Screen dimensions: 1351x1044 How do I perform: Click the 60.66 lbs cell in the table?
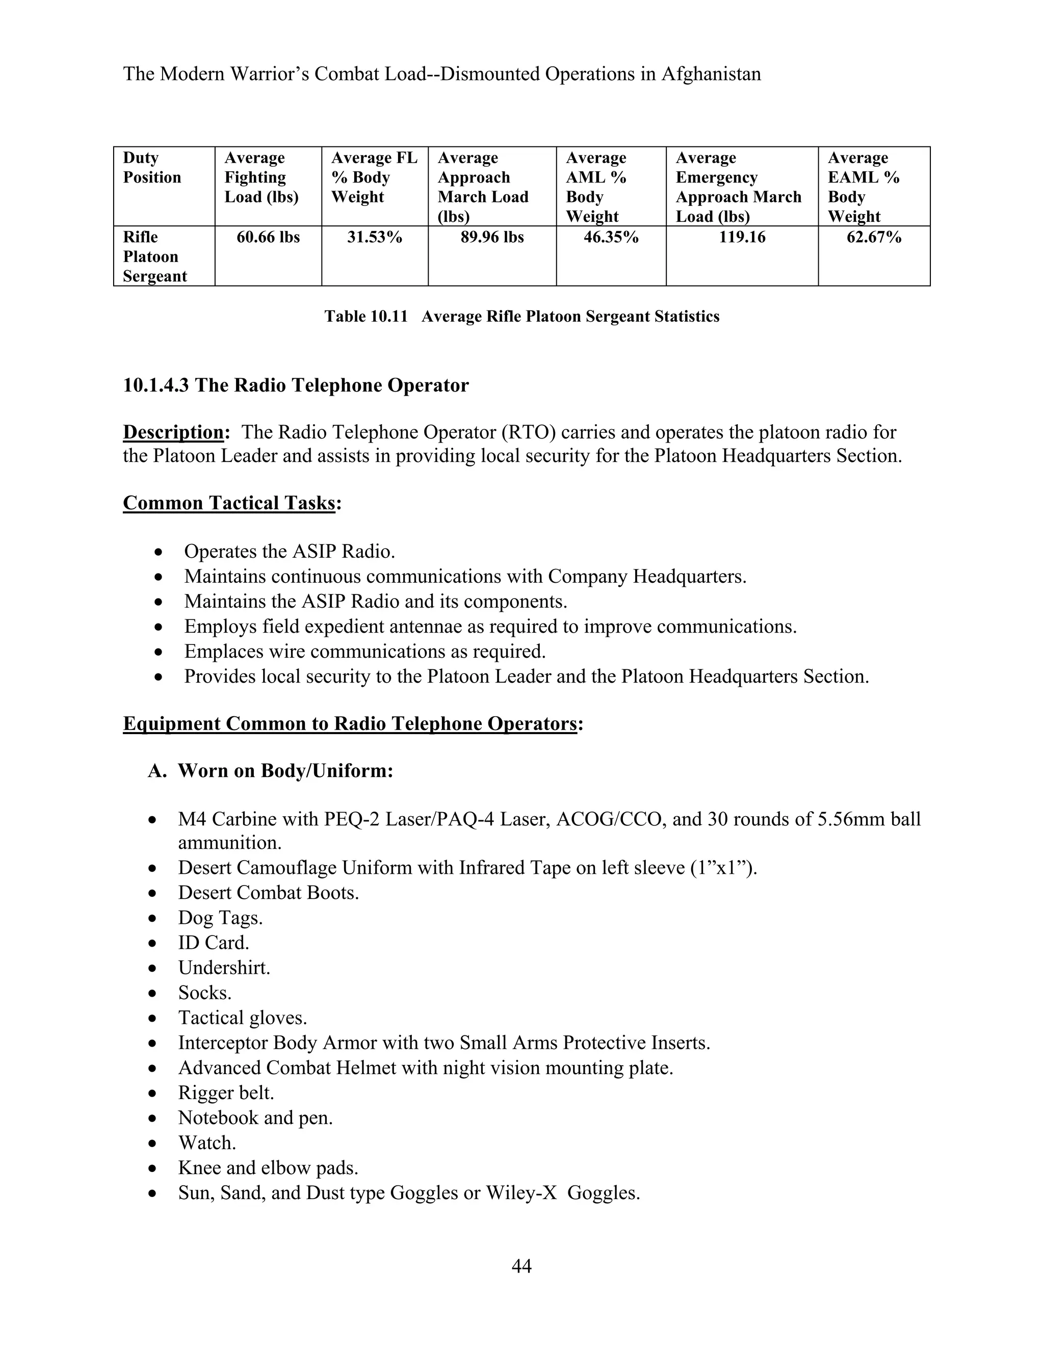268,238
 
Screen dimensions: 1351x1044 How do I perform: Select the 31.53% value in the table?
374,238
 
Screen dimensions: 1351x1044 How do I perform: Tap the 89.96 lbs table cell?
492,238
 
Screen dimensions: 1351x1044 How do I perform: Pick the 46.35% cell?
610,238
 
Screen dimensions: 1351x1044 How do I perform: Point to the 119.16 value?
742,238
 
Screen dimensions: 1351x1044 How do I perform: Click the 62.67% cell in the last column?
873,238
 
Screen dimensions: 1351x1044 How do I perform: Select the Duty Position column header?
151,168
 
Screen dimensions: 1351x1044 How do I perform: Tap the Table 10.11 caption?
521,317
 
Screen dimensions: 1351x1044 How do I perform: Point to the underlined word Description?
173,432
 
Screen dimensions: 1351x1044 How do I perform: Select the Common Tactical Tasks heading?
229,503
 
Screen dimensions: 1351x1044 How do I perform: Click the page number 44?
521,1266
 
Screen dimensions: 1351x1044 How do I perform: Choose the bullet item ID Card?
214,943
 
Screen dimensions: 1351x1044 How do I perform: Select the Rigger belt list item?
226,1093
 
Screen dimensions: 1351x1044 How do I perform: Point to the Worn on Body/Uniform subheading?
285,771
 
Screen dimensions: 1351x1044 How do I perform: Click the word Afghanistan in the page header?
711,74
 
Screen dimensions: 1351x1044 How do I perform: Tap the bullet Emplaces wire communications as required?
364,652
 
